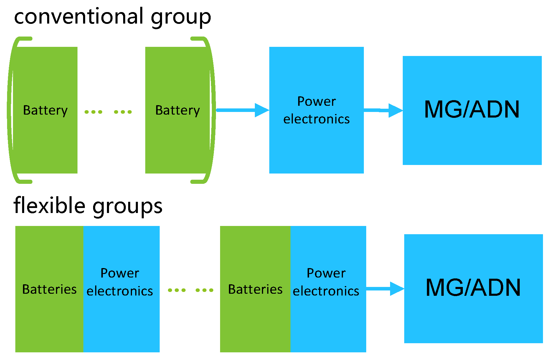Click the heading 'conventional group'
tap(113, 17)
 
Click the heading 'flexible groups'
tap(88, 206)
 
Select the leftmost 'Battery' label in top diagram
tap(45, 110)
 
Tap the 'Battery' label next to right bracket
tap(177, 110)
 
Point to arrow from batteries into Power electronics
tap(242, 110)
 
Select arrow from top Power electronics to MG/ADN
tap(383, 110)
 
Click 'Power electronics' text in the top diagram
tap(316, 110)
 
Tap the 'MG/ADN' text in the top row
tap(472, 110)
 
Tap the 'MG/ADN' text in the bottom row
tap(473, 288)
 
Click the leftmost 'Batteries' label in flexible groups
tap(49, 289)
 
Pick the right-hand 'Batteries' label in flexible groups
tap(255, 289)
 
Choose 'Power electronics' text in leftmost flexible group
tap(120, 282)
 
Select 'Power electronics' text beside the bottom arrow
tap(326, 282)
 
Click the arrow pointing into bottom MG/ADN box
tap(384, 289)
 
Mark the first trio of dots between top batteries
tap(93, 112)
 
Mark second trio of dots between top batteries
tap(123, 112)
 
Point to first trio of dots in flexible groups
tap(177, 290)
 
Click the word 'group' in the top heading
tap(181, 18)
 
